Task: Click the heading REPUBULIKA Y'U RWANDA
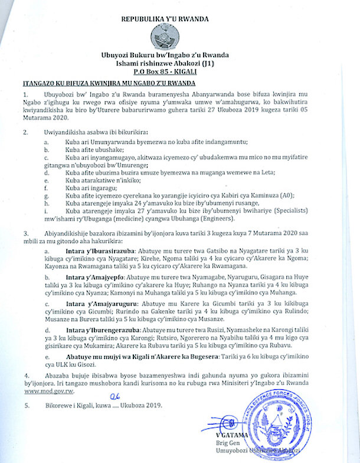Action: (x=165, y=19)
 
